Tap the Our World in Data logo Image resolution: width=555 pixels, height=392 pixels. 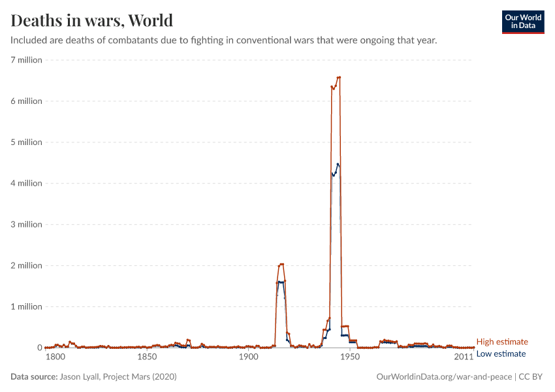(522, 22)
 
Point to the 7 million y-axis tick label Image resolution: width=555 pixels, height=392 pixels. (26, 60)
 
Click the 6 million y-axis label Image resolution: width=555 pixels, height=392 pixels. (26, 101)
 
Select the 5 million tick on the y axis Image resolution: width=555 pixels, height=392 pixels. (26, 142)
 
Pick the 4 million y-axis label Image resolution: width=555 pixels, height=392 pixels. (26, 184)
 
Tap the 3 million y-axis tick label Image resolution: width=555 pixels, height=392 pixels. (26, 225)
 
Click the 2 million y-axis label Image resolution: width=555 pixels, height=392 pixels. (26, 266)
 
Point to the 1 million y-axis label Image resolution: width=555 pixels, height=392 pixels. (26, 307)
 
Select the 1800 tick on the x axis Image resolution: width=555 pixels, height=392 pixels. (55, 357)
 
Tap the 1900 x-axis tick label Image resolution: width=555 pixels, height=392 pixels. (248, 357)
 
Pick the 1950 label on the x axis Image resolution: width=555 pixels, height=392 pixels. (350, 357)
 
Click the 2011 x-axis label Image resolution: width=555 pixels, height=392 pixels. (464, 357)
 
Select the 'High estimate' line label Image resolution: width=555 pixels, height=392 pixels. (502, 342)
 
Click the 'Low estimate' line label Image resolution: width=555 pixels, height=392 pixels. (501, 353)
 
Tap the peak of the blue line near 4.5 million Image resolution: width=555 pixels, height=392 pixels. (338, 164)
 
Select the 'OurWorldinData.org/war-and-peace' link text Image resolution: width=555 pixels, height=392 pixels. (445, 377)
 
